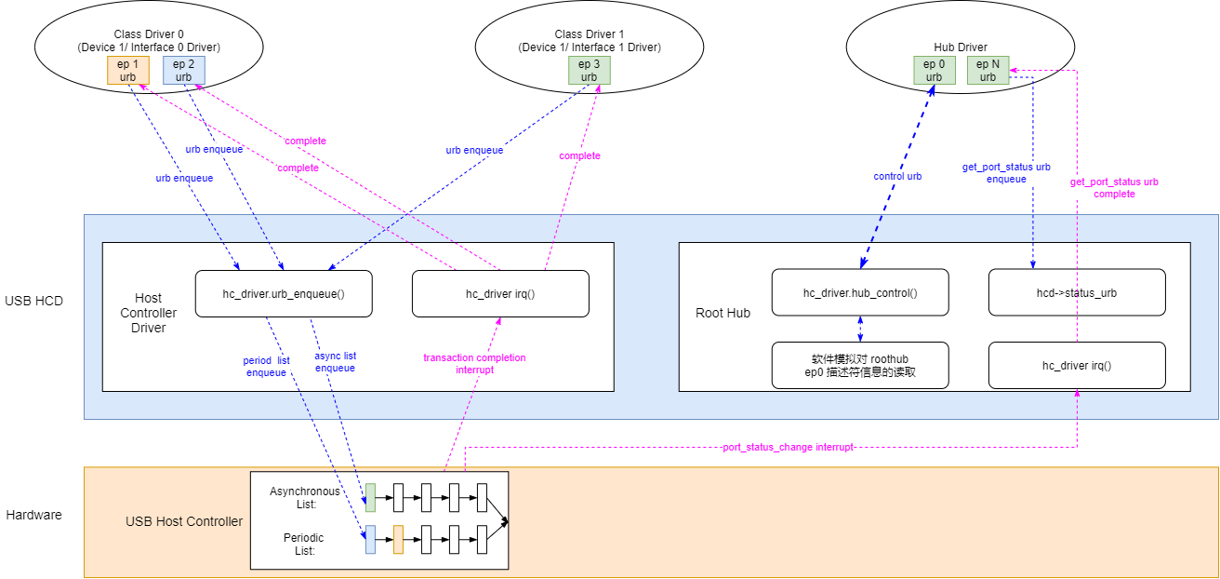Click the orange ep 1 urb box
(128, 70)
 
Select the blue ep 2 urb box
(184, 70)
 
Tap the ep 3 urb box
(590, 70)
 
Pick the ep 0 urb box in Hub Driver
(935, 70)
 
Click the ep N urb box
(988, 70)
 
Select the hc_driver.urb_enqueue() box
(284, 293)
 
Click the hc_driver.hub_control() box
(860, 293)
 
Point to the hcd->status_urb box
(1077, 293)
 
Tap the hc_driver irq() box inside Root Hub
(1077, 365)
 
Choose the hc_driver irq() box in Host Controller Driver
(500, 293)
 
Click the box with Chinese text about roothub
(860, 365)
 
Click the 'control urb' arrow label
(897, 176)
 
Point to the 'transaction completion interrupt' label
(474, 363)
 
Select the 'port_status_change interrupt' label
(788, 448)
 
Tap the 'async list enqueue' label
(336, 361)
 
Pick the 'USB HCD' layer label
(34, 301)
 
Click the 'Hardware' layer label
(34, 515)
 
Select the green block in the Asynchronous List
(370, 498)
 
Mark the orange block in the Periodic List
(398, 540)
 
